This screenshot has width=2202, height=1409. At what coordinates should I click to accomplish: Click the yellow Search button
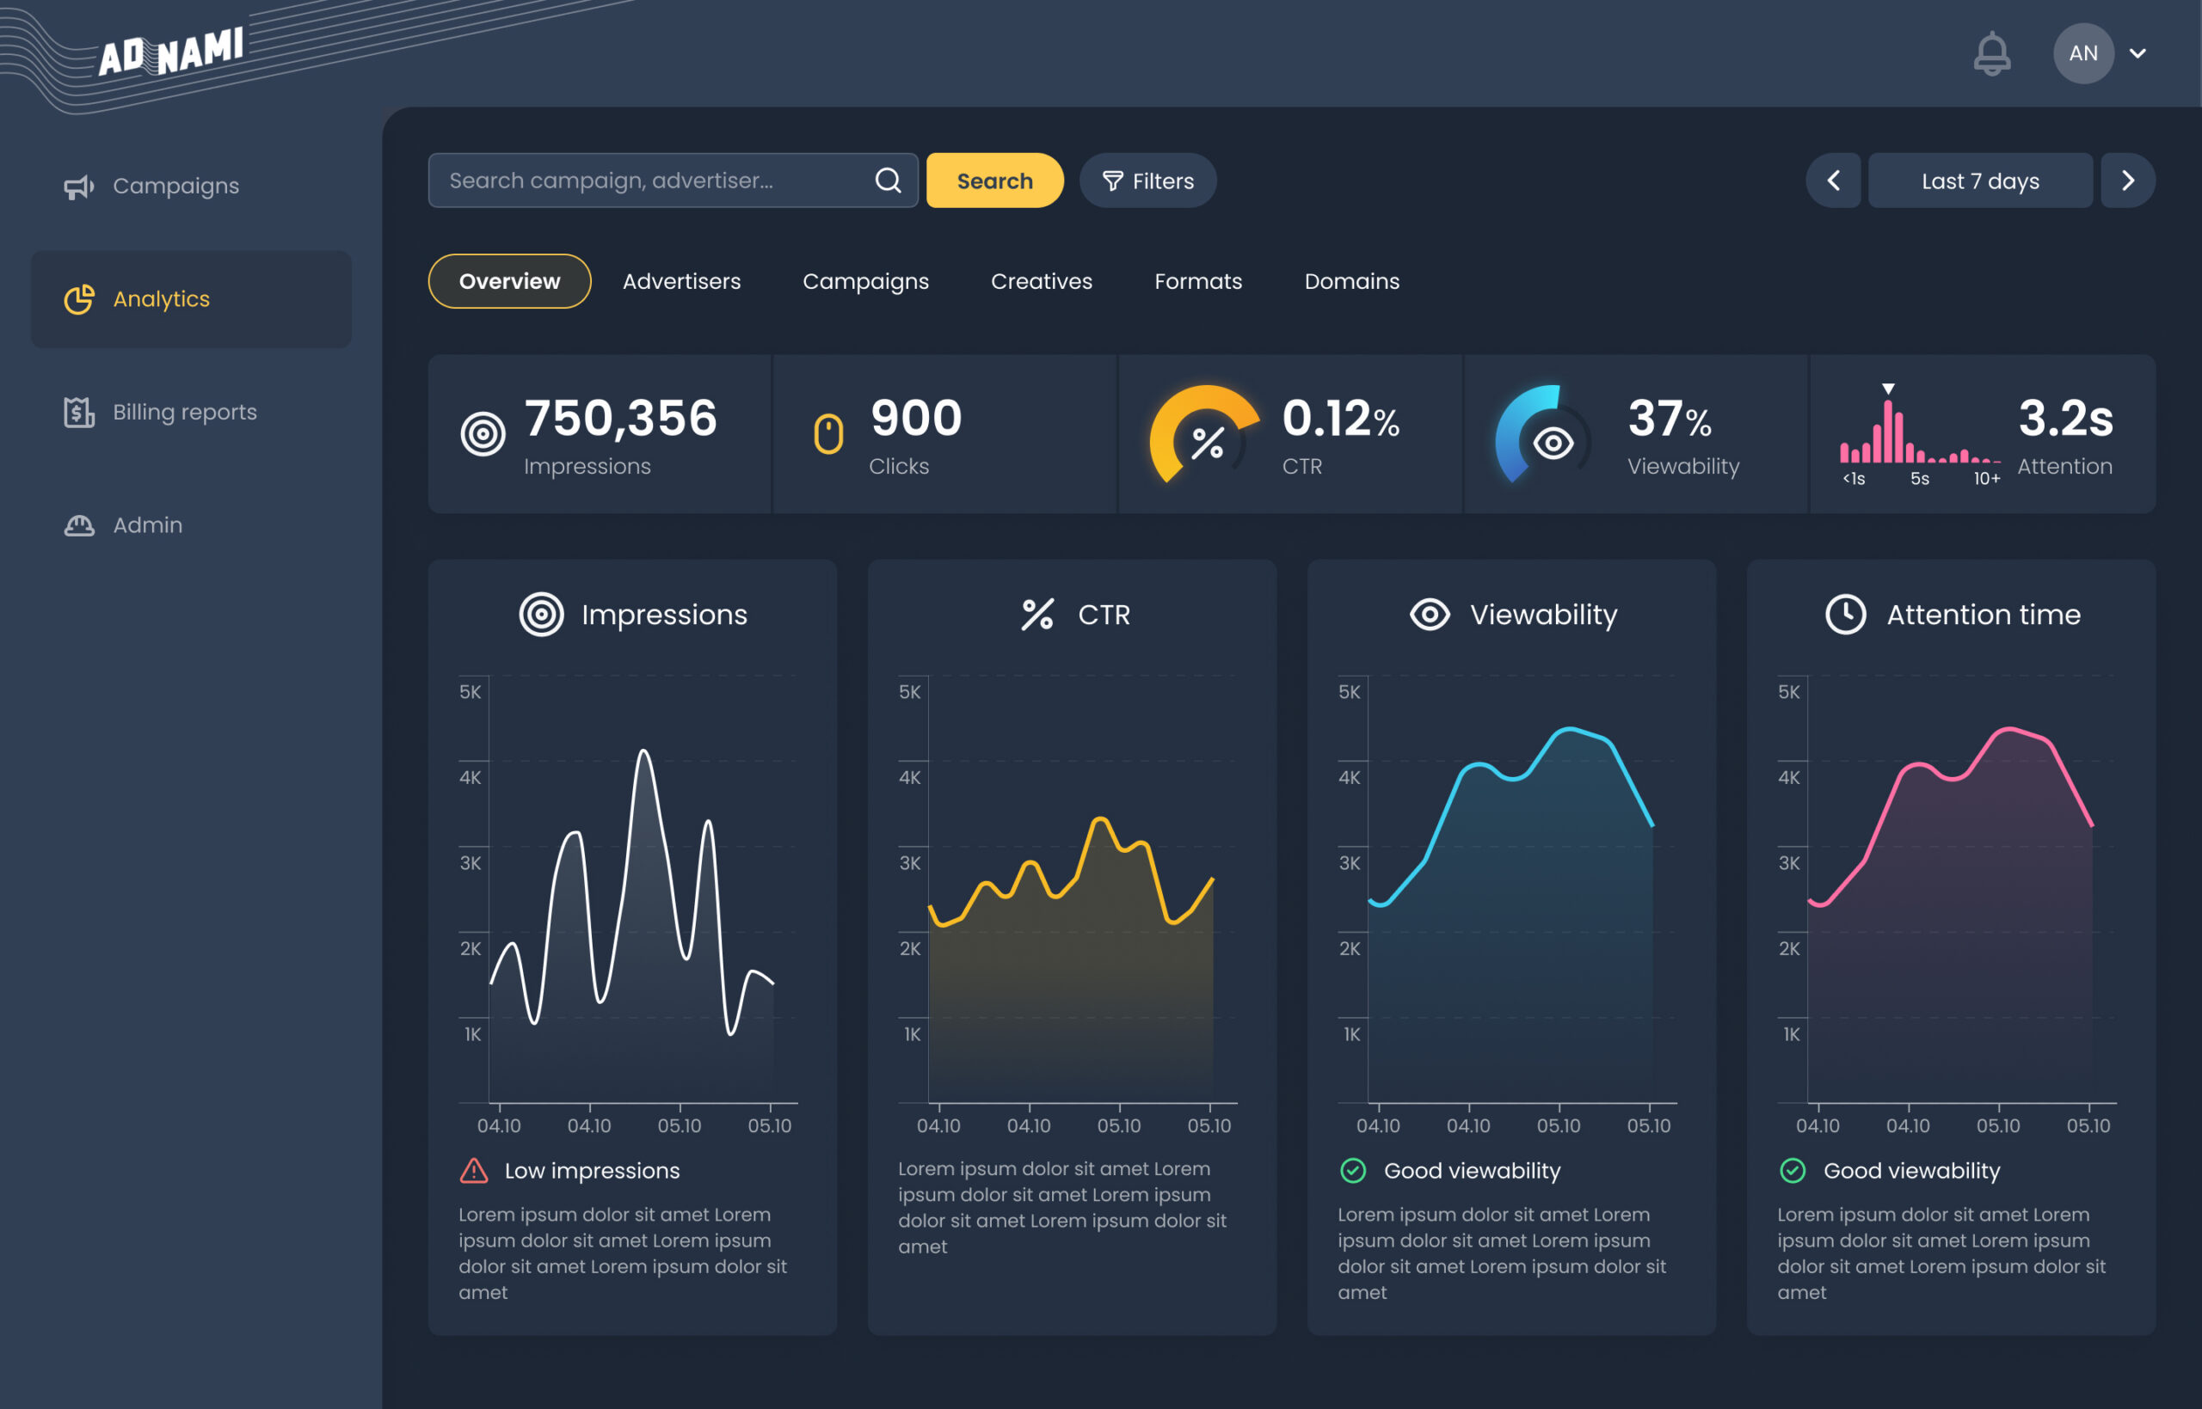(x=995, y=181)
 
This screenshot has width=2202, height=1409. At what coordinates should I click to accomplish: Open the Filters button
(x=1147, y=181)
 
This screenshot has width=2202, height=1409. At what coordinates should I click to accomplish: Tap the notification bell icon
(x=1991, y=53)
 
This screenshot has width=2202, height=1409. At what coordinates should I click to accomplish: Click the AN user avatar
(x=2083, y=53)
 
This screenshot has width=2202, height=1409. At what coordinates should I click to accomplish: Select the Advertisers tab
(x=682, y=281)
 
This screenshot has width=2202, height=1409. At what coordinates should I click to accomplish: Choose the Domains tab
(x=1352, y=281)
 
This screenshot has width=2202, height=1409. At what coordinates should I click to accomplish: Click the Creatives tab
(x=1042, y=281)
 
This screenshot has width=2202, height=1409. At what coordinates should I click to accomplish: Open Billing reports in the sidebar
(x=160, y=412)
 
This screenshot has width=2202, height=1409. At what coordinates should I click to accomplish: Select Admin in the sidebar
(x=123, y=525)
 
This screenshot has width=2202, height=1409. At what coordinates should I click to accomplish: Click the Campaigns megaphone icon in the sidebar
(x=79, y=187)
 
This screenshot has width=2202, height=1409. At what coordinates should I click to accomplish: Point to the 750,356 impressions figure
(x=620, y=418)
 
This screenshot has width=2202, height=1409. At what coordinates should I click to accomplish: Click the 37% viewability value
(x=1670, y=419)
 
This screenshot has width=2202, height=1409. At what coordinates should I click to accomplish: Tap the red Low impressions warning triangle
(x=474, y=1171)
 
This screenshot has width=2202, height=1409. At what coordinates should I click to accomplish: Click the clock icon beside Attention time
(x=1845, y=614)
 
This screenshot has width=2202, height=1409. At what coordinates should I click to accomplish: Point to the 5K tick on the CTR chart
(x=910, y=692)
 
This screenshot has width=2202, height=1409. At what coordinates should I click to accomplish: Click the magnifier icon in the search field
(x=888, y=181)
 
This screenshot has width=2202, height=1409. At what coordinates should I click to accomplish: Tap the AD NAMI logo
(x=171, y=52)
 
